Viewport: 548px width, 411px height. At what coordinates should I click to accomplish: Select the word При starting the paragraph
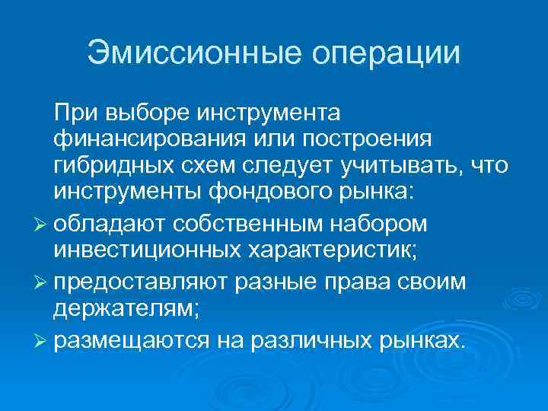click(74, 113)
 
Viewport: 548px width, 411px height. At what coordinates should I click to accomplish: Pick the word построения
click(365, 139)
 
